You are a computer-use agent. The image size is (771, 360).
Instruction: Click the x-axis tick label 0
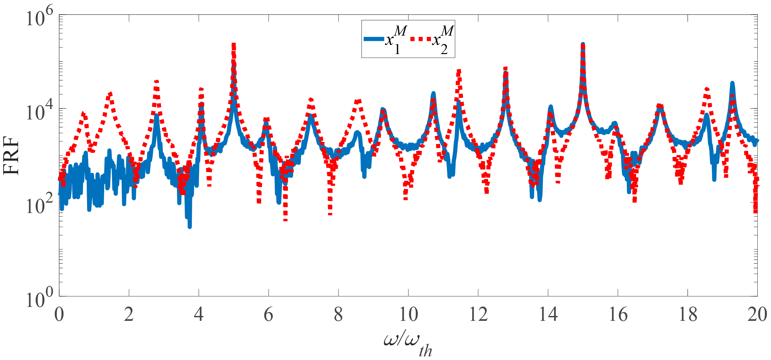59,314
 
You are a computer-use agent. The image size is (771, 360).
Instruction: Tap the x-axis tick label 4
199,314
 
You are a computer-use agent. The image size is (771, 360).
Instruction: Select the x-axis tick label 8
338,314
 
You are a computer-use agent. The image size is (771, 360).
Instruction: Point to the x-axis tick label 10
408,314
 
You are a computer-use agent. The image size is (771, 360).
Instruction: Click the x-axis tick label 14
548,314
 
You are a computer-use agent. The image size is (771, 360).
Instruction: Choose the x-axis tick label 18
688,314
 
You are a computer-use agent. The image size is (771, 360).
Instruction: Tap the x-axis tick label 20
757,314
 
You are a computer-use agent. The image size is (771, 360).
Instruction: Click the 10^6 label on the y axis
39,18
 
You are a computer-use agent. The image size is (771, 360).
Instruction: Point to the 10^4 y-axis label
39,112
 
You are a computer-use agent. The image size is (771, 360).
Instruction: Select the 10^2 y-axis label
39,206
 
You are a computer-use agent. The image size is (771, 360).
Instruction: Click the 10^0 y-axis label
39,299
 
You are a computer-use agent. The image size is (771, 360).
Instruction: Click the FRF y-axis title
11,155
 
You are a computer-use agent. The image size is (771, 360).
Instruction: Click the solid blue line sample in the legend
374,39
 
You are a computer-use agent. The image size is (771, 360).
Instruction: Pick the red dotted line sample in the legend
421,39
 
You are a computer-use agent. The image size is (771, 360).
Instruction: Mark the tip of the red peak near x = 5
234,44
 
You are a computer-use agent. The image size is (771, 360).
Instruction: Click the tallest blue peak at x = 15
583,44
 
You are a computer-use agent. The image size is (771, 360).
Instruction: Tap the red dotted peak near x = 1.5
110,94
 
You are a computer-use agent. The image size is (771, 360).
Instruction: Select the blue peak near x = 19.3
732,83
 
